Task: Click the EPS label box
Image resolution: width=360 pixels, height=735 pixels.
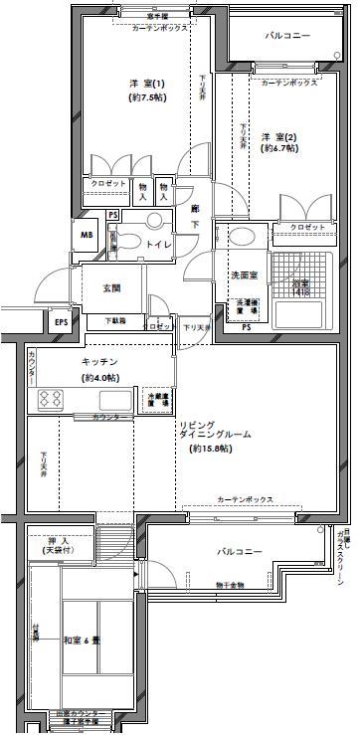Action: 62,321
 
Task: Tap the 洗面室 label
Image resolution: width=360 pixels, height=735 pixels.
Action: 245,275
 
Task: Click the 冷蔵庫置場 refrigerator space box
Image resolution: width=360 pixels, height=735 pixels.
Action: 157,398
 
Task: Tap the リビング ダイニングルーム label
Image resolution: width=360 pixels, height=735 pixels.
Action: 215,436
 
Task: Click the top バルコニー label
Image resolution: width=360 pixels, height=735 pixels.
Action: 286,36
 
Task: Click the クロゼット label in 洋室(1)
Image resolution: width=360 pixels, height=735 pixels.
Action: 108,184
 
